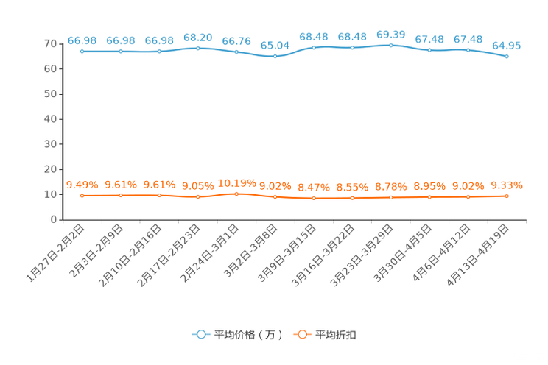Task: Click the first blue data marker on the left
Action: [x=82, y=52]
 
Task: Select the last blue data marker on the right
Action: [x=507, y=56]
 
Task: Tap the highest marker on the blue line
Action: [x=390, y=45]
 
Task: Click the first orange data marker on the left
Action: [x=82, y=196]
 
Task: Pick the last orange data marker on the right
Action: [x=507, y=196]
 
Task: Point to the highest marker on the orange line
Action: [x=236, y=194]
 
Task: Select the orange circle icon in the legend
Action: [x=302, y=334]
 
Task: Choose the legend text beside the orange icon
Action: [x=337, y=335]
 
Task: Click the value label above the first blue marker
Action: [x=82, y=40]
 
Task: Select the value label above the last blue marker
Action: [x=507, y=46]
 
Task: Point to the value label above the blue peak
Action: [x=390, y=34]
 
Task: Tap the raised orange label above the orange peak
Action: [x=236, y=182]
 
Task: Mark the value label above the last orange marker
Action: [x=507, y=185]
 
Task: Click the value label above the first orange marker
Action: [x=82, y=185]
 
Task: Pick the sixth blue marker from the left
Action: [x=275, y=56]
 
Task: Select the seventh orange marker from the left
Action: [x=314, y=199]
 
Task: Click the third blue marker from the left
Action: [x=159, y=52]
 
